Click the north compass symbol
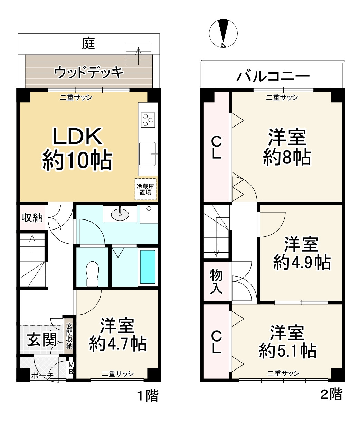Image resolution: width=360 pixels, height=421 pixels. pos(223,33)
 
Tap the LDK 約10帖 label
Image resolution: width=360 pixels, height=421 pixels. pos(77,149)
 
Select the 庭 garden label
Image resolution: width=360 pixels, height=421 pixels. pos(89,43)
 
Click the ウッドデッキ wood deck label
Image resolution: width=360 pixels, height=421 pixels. pos(89,72)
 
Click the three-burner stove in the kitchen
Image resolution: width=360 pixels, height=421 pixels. pos(148,120)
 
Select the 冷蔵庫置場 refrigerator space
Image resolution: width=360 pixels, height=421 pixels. pos(145,189)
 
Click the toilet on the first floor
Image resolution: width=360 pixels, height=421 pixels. pos(92,273)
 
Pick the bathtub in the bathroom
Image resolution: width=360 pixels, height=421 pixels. pos(148,266)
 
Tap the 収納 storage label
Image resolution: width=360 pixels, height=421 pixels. pos(32,218)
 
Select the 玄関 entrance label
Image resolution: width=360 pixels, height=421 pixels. pos(42,340)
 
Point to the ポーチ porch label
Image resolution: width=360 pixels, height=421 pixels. pos(42,376)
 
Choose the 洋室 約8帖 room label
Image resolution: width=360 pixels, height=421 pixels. pos(287,147)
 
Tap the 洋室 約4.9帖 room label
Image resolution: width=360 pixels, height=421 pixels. pos(301,253)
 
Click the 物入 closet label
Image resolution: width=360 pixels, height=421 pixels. pos(216,282)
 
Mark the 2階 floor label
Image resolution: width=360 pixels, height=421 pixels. pos(331,394)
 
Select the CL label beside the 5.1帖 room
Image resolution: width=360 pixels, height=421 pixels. pos(216,342)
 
